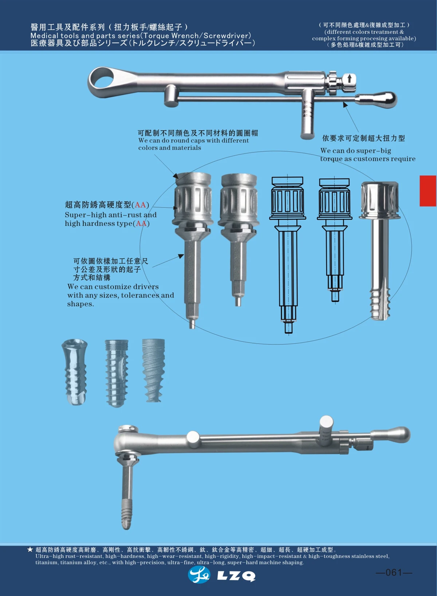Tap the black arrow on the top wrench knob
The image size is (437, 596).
(x=350, y=78)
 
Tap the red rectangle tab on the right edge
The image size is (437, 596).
(x=428, y=191)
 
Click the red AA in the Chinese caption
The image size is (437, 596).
(x=140, y=205)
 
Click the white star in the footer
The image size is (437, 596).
(x=30, y=549)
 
